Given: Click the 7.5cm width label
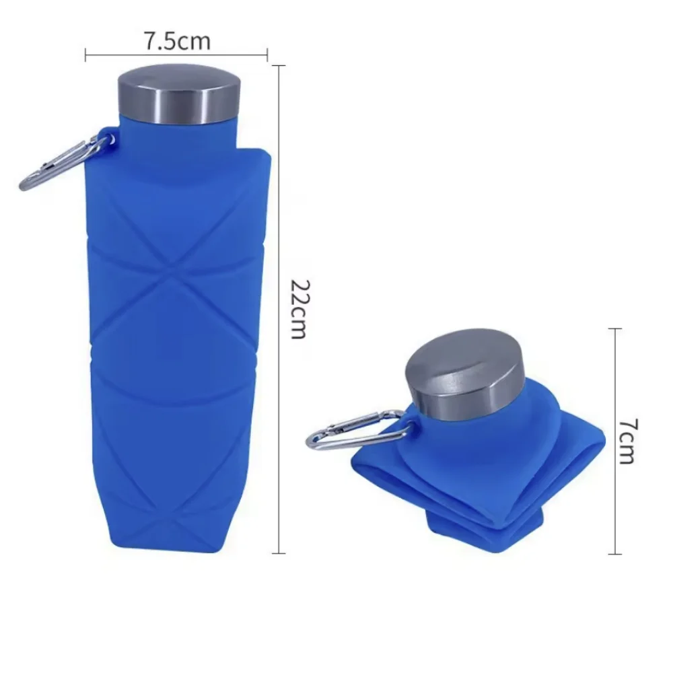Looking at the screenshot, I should tap(176, 42).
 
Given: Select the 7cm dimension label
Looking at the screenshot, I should tap(626, 441).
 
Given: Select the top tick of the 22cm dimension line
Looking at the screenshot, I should tap(279, 65).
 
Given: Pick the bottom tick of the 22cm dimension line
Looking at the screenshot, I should tap(279, 553).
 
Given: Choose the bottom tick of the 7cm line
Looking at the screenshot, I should tap(614, 554).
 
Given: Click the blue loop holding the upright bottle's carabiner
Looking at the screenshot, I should tap(108, 138).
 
